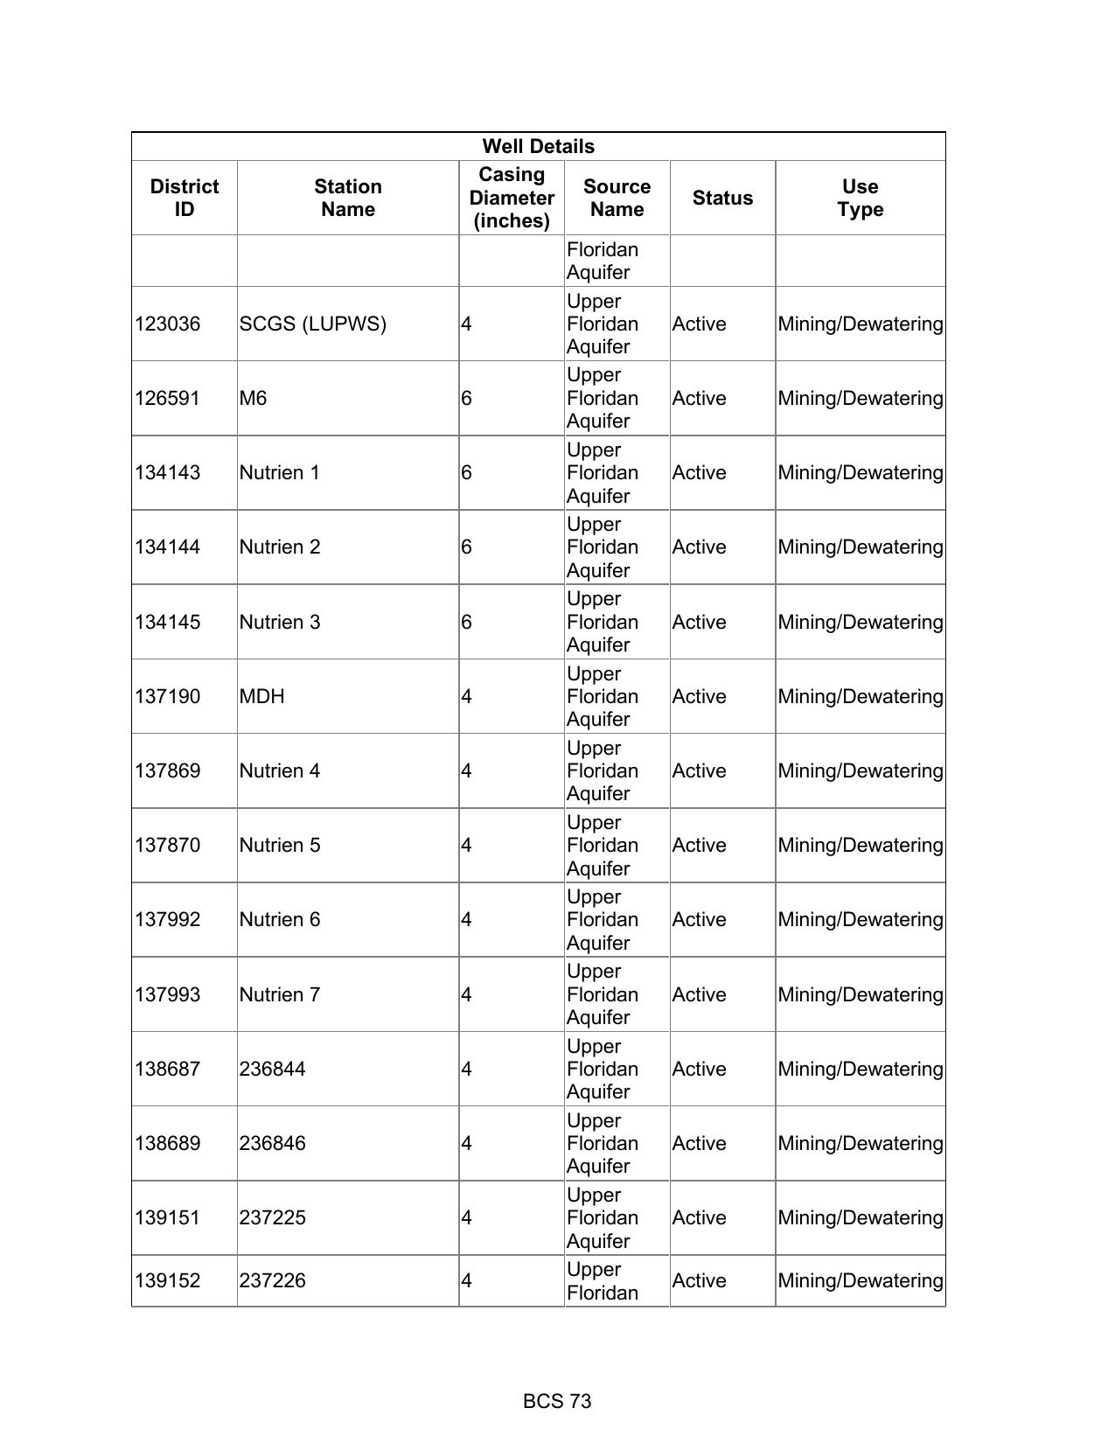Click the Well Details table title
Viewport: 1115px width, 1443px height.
538,146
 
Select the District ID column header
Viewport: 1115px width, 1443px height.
185,198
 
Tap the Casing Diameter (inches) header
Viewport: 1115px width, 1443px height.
512,198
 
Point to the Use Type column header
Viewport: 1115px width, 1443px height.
860,198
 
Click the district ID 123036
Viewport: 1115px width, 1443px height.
167,324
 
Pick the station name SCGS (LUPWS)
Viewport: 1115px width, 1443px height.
312,324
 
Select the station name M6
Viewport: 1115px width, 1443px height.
253,398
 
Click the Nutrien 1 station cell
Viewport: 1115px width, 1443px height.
279,472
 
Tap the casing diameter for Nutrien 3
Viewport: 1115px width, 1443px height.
466,622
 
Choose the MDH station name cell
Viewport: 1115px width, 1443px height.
261,696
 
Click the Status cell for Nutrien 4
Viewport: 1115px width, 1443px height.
699,770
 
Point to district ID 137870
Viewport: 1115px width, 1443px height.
167,845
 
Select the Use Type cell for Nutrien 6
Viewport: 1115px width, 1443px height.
860,919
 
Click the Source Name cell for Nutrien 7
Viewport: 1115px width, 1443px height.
602,994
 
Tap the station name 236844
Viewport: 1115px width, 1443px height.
272,1069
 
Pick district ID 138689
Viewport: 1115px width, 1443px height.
167,1143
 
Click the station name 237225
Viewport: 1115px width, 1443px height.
272,1217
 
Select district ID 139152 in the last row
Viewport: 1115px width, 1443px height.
167,1280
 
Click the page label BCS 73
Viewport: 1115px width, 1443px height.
557,1401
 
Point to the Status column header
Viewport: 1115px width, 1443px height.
722,198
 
